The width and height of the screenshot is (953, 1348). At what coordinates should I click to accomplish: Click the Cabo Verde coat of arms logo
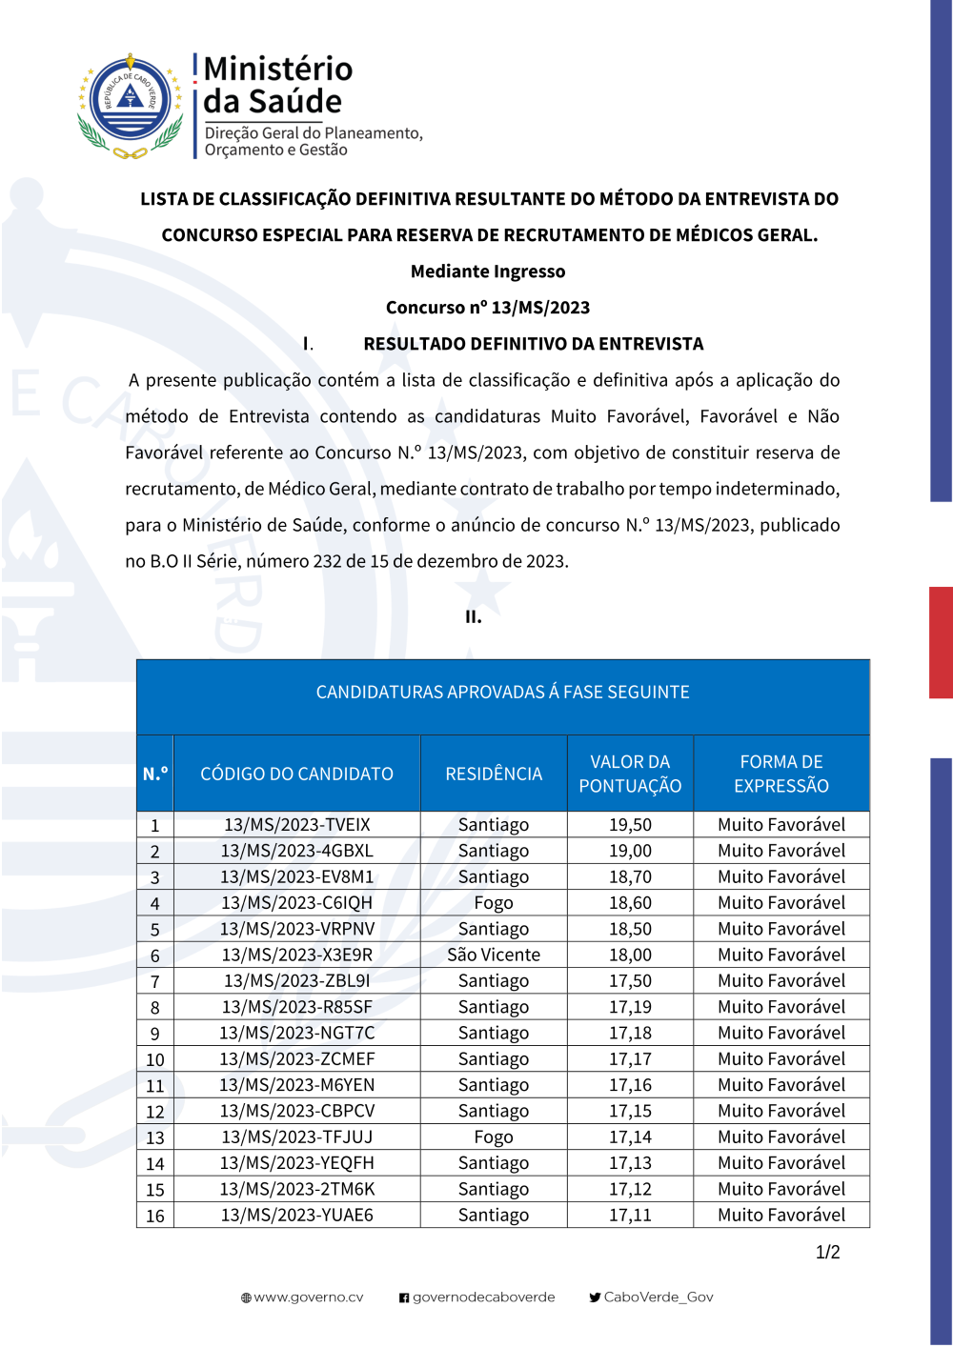point(131,106)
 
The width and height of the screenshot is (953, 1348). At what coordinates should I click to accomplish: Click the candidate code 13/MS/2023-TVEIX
point(297,825)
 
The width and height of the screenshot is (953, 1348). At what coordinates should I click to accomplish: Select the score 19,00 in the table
point(630,851)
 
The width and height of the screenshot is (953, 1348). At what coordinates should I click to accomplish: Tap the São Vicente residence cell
point(494,955)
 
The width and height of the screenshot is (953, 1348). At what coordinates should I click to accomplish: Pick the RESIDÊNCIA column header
point(494,774)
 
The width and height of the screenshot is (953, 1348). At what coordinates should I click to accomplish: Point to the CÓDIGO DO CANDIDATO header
point(296,774)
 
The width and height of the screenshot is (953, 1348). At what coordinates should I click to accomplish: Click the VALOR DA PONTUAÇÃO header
point(630,774)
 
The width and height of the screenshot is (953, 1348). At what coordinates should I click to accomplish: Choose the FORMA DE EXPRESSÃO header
point(781,774)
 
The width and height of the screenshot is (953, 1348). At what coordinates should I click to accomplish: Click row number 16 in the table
point(155,1216)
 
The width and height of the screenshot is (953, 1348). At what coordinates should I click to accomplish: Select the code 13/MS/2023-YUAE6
point(297,1215)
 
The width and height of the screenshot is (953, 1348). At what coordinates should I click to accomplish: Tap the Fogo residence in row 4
point(494,903)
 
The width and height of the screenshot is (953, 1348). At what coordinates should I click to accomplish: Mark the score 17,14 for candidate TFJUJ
point(630,1137)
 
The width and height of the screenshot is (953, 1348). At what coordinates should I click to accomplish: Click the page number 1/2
point(827,1252)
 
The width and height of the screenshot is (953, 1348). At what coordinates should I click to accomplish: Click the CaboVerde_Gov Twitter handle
point(659,1297)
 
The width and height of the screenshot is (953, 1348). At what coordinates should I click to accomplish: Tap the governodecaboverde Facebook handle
point(483,1297)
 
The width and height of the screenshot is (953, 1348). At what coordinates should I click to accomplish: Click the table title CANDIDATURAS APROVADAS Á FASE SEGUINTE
point(502,692)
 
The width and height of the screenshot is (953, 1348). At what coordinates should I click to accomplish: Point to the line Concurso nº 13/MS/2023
point(488,307)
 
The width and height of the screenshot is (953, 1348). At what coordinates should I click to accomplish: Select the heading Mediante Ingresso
point(488,272)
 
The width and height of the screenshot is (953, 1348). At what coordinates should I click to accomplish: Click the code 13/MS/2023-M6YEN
point(297,1085)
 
